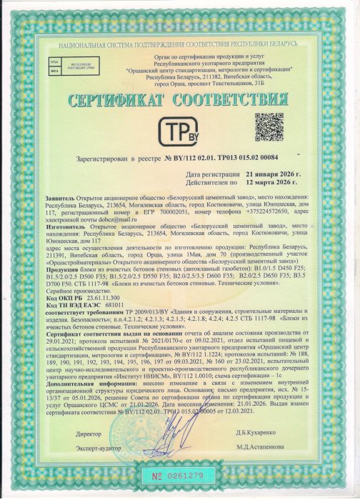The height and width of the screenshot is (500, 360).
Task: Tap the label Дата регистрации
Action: point(212,173)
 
